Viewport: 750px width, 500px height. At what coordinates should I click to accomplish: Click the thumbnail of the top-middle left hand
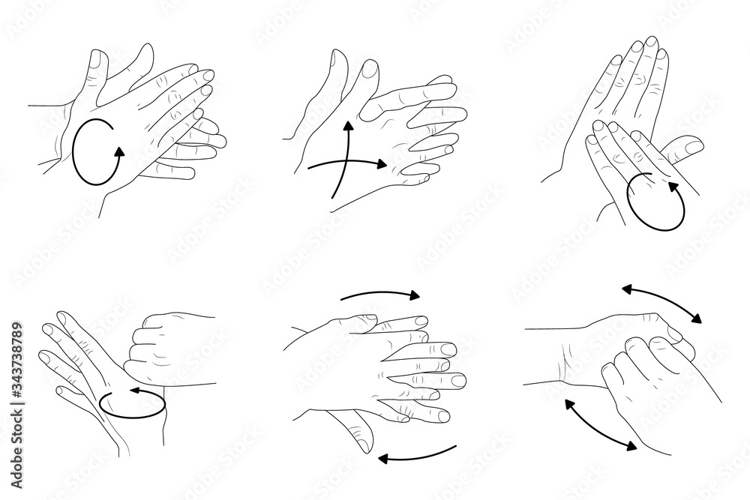tap(370, 70)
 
